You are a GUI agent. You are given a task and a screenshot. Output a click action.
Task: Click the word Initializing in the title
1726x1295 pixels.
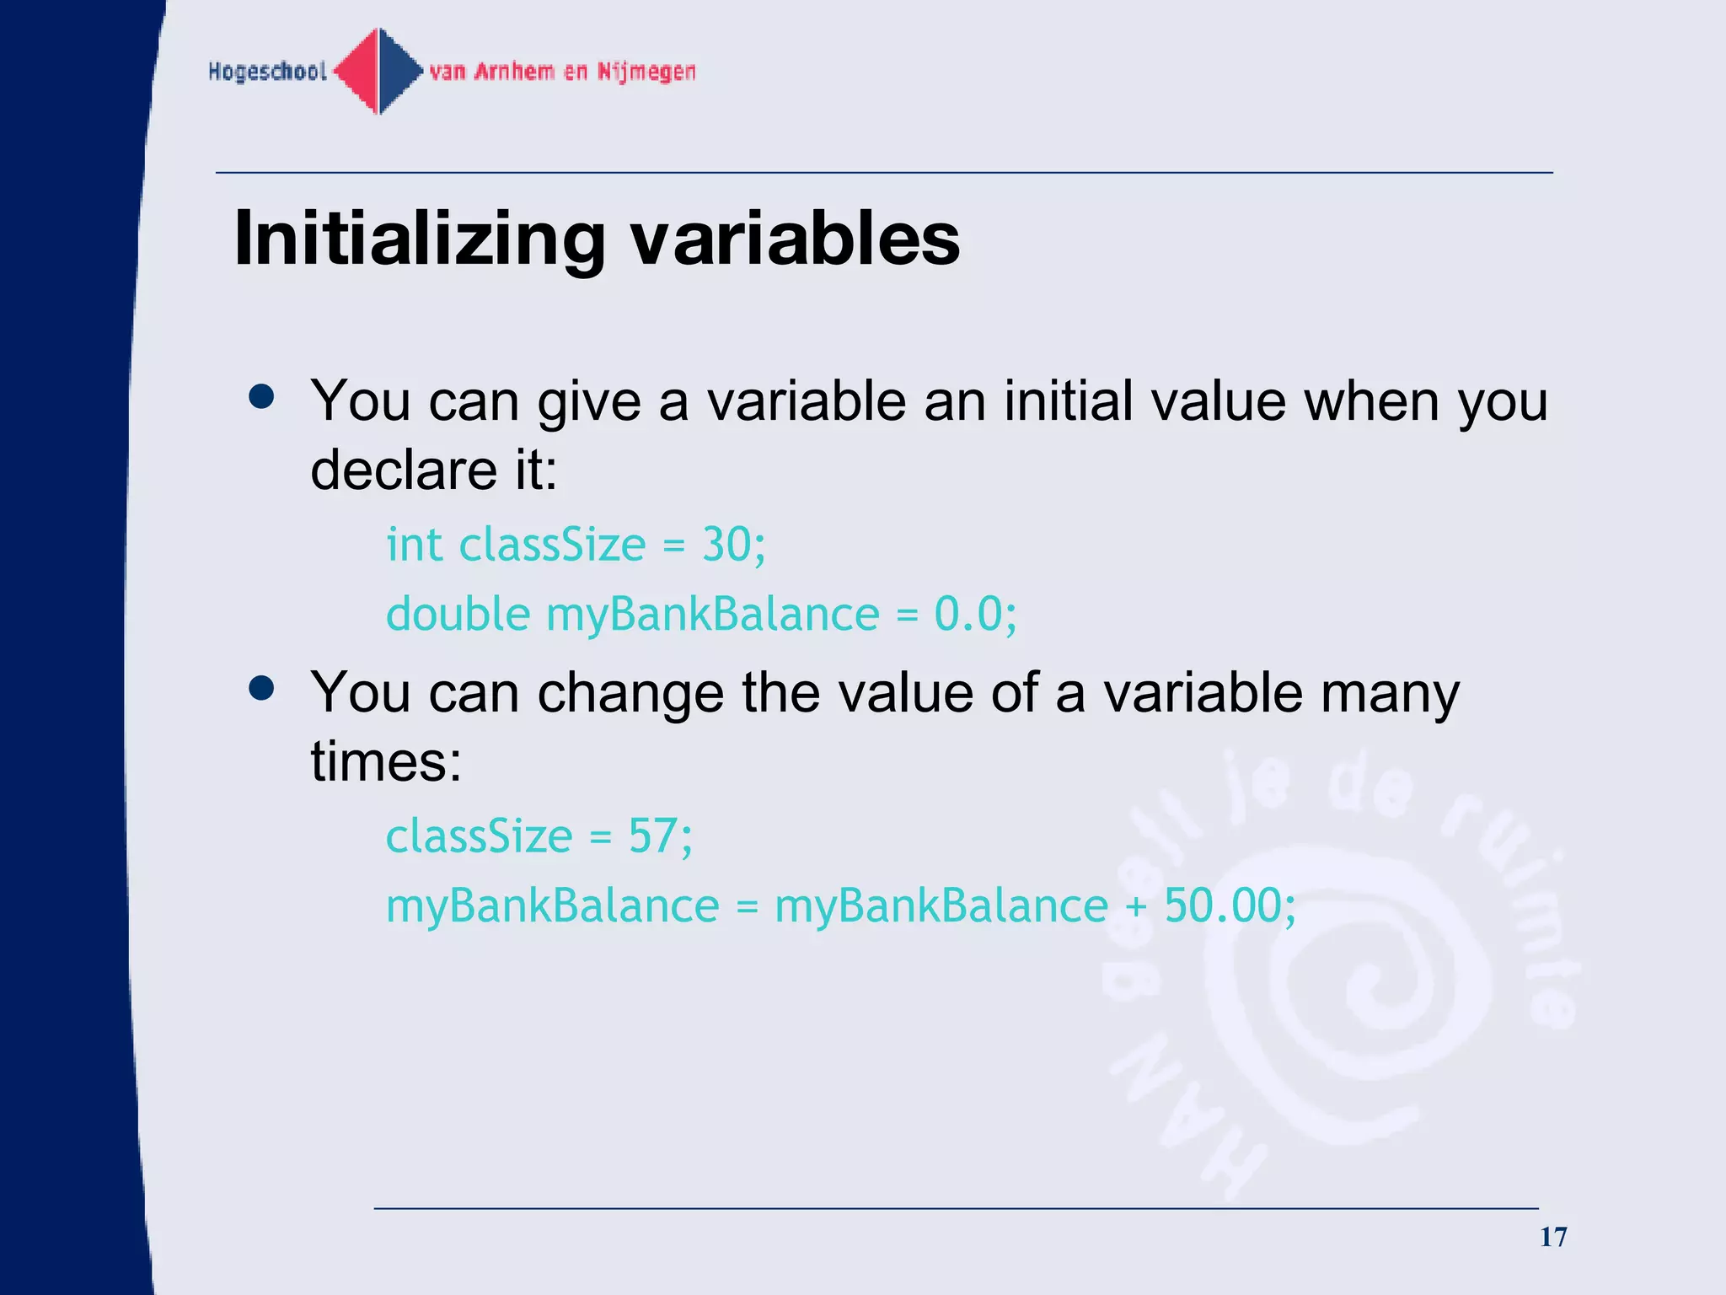419,240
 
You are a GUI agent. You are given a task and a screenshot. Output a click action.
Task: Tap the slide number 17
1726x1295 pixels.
1553,1237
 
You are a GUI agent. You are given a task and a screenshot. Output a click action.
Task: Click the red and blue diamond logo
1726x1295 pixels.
378,72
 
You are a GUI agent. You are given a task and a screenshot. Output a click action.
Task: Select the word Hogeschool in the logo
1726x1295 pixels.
267,72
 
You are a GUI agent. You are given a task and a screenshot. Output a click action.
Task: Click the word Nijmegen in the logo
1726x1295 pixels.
646,72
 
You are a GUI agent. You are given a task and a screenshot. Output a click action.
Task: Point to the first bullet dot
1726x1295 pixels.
262,397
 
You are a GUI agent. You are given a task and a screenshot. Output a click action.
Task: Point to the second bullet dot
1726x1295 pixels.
262,688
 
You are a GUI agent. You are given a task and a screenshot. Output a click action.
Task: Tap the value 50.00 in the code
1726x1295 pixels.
1222,906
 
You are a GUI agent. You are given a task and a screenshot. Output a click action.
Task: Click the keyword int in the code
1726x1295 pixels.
414,545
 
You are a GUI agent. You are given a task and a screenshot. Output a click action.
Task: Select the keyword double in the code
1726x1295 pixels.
458,614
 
